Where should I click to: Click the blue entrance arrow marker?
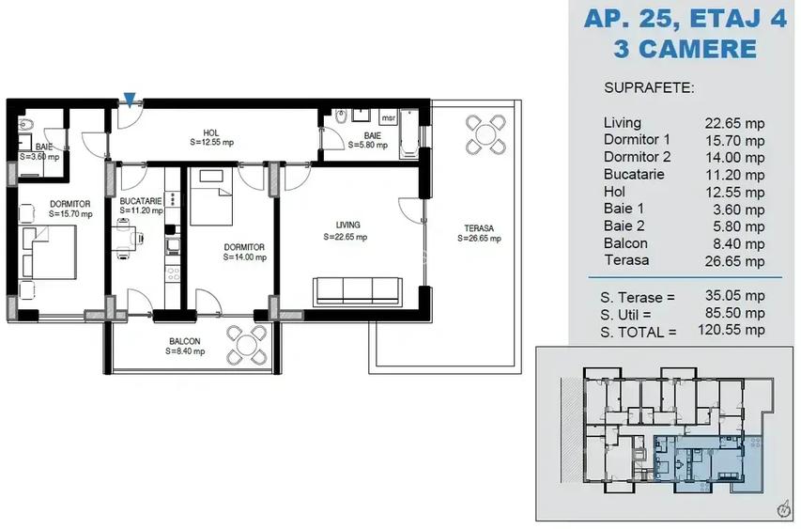click(x=131, y=99)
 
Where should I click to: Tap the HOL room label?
click(x=211, y=132)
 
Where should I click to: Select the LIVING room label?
click(x=348, y=225)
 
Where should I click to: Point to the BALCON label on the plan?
click(x=184, y=341)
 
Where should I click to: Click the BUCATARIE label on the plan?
click(x=141, y=201)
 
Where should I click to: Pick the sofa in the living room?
click(x=360, y=290)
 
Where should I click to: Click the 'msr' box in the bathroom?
click(x=388, y=117)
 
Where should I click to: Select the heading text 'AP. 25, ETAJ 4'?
click(x=685, y=19)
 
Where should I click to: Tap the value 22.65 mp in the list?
click(x=734, y=122)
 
